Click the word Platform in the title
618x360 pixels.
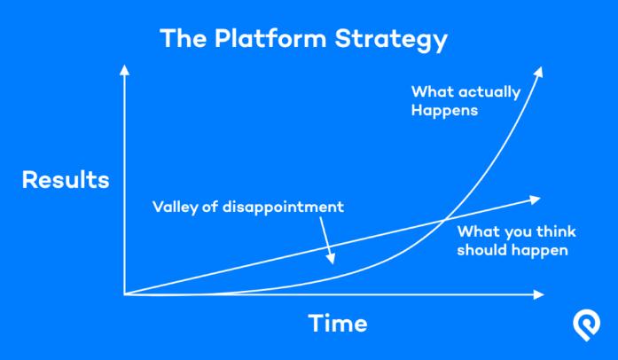pos(270,38)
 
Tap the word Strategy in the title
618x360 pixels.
pos(391,40)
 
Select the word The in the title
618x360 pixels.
pos(183,38)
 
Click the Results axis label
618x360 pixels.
pos(66,180)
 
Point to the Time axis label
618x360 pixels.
pos(338,324)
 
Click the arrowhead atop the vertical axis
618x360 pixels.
pos(124,70)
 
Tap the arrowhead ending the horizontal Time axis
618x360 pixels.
pos(538,294)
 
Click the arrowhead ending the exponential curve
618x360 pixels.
pos(539,72)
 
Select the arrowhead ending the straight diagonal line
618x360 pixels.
pos(535,200)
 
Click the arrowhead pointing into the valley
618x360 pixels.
pos(331,259)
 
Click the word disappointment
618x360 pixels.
pos(283,207)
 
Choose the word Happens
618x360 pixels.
pos(444,111)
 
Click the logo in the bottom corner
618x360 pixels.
pos(586,326)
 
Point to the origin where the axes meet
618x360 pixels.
pos(124,294)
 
